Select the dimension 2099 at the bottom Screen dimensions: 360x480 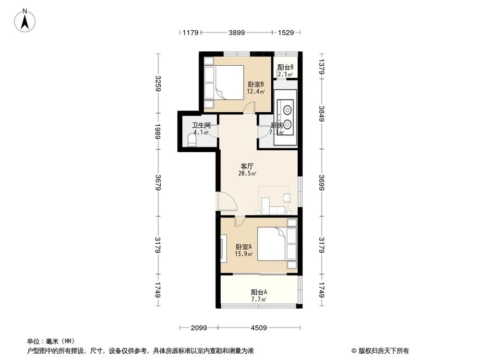(198, 328)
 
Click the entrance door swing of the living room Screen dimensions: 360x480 (227, 201)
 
